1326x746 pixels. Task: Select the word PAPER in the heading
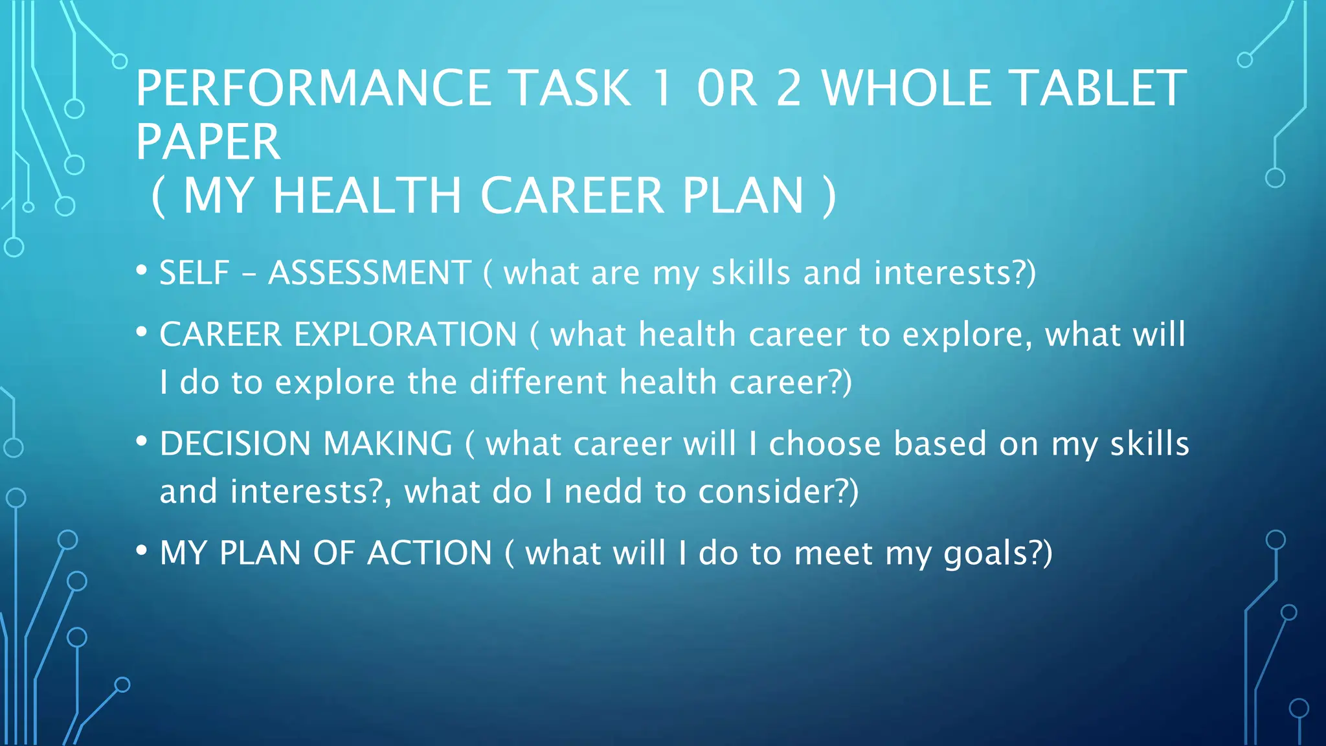pyautogui.click(x=208, y=142)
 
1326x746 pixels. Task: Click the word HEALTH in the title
pyautogui.click(x=366, y=196)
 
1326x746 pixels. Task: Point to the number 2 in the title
pyautogui.click(x=789, y=89)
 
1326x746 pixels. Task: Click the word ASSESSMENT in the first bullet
pyautogui.click(x=369, y=273)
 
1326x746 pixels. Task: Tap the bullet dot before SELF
pyautogui.click(x=142, y=269)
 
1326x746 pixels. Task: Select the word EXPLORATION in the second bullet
pyautogui.click(x=405, y=335)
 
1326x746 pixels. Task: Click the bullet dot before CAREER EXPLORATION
pyautogui.click(x=142, y=332)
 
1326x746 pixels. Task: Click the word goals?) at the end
pyautogui.click(x=998, y=554)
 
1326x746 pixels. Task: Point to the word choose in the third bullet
pyautogui.click(x=824, y=444)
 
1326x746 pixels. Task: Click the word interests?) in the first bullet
pyautogui.click(x=954, y=273)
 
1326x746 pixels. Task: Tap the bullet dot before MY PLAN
pyautogui.click(x=142, y=550)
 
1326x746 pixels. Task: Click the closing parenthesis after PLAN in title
pyautogui.click(x=829, y=196)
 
